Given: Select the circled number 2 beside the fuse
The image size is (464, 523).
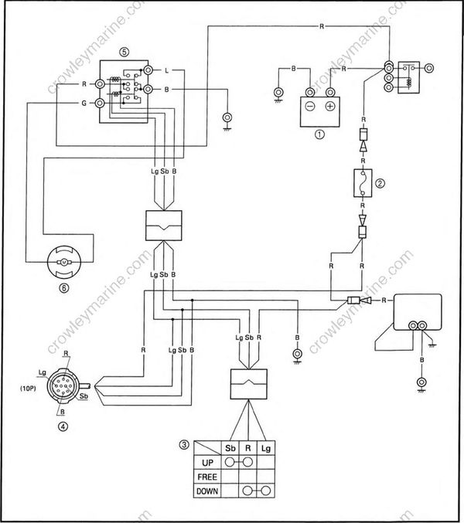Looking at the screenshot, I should click(380, 183).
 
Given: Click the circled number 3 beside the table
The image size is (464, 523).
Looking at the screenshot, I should click(183, 444).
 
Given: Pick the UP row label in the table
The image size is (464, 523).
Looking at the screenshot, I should click(206, 462).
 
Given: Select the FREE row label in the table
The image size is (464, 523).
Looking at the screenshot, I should click(206, 476).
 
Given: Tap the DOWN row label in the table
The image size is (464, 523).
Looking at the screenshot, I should click(206, 490).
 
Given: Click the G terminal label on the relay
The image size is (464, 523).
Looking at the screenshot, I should click(83, 103).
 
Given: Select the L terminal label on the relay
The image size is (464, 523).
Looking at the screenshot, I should click(167, 70).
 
